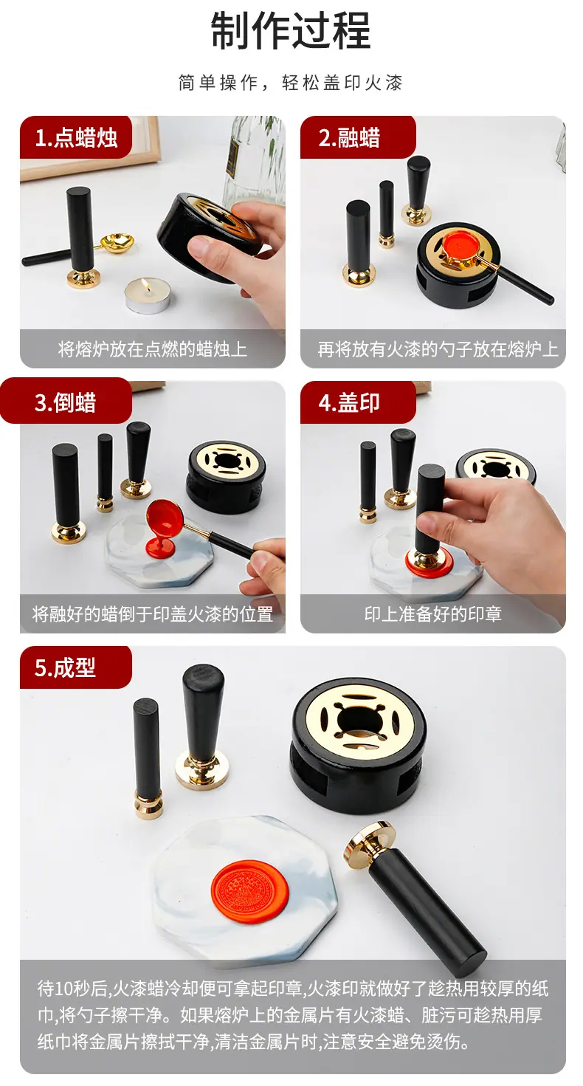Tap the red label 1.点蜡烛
pyautogui.click(x=75, y=138)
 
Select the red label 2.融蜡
pyautogui.click(x=358, y=138)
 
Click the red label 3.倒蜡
pyautogui.click(x=66, y=402)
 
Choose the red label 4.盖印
pyautogui.click(x=358, y=402)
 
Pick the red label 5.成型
pyautogui.click(x=75, y=667)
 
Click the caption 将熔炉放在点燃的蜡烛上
pyautogui.click(x=153, y=349)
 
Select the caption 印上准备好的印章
pyautogui.click(x=432, y=614)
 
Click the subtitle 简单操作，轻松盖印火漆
pyautogui.click(x=291, y=83)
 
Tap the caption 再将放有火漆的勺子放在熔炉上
pyautogui.click(x=438, y=349)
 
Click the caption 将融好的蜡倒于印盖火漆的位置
pyautogui.click(x=153, y=614)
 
